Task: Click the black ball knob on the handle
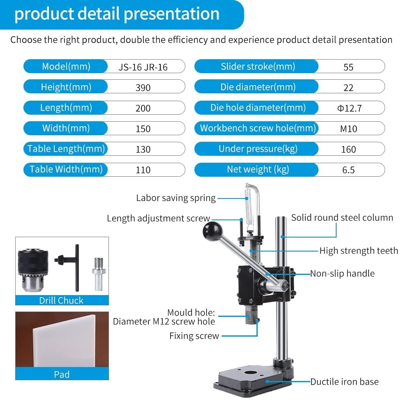pos(210,231)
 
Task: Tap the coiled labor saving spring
pos(248,203)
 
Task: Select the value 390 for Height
pos(143,88)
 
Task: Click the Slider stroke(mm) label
pos(258,67)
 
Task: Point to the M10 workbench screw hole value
pos(349,129)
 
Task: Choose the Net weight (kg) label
pos(258,169)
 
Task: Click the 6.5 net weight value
pos(349,170)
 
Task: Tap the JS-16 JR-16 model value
pos(143,67)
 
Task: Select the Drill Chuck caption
pos(61,300)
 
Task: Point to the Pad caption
pos(62,374)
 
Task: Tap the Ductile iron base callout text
pos(344,382)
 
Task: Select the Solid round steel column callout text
pos(342,218)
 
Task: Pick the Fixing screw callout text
pos(194,336)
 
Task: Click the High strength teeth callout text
pos(358,251)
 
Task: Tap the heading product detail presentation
pos(117,14)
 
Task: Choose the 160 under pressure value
pos(349,149)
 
